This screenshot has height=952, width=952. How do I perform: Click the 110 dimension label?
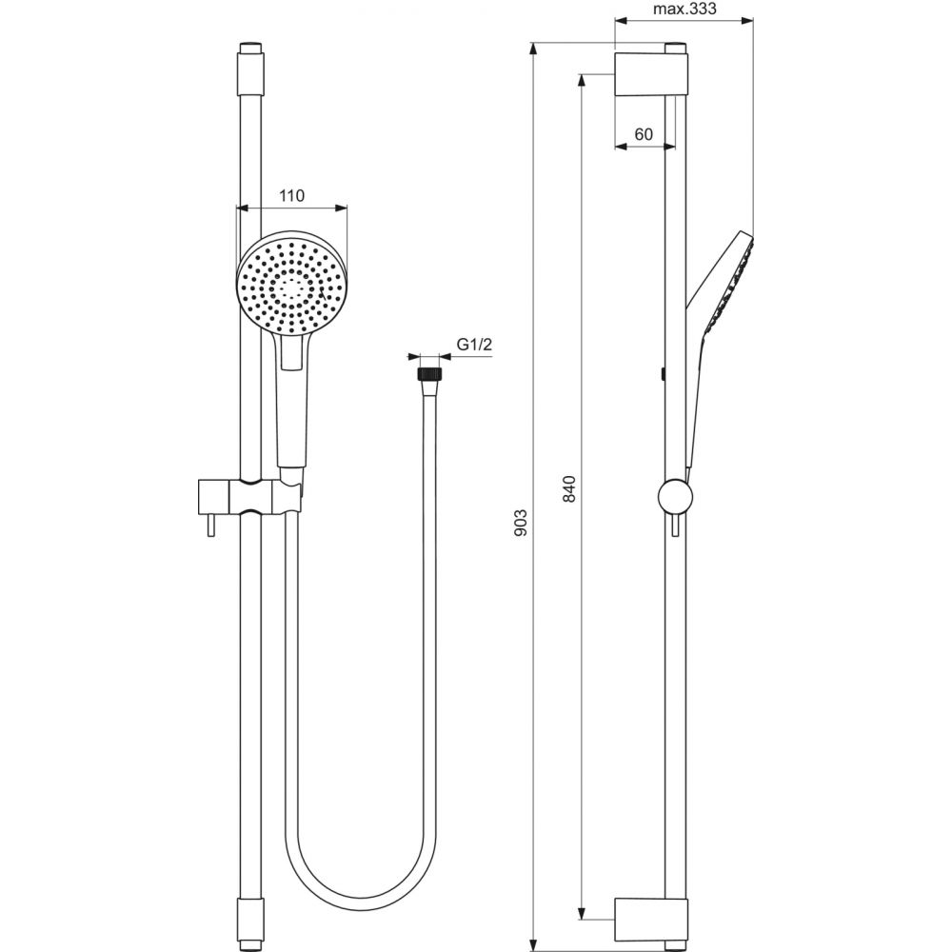[290, 196]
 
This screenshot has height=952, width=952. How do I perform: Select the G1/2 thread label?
[473, 345]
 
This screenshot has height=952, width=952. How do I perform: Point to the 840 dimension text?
[569, 488]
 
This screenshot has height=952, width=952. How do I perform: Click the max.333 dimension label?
[684, 10]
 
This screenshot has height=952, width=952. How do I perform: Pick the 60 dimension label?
[644, 134]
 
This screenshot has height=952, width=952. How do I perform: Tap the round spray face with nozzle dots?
[292, 283]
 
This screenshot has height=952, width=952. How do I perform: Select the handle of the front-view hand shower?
[291, 400]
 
